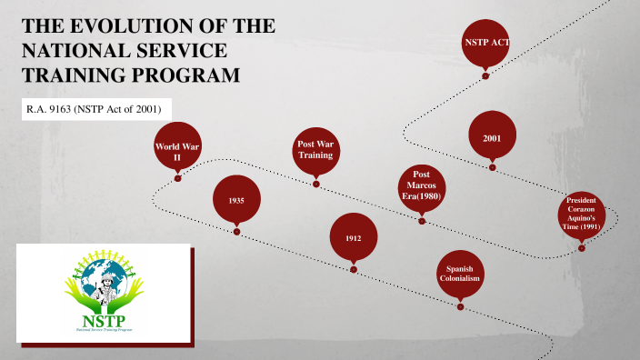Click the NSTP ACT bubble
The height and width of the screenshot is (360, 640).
coord(485,42)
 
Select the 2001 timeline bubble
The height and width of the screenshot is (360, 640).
coord(492,136)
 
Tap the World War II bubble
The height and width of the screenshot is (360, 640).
coord(178,151)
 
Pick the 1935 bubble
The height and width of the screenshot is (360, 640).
coord(236,200)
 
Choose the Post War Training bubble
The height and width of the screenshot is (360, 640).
coord(316,151)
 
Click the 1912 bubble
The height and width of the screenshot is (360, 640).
coord(354,237)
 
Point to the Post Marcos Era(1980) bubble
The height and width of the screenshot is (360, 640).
coord(422,187)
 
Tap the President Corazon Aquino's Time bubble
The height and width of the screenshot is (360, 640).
coord(580,215)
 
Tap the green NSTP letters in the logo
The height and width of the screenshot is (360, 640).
coord(103,321)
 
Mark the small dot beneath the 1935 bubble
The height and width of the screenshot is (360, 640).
coord(236,232)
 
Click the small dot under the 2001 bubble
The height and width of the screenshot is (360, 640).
coord(492,168)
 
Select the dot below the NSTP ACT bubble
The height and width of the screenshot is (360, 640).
coord(485,75)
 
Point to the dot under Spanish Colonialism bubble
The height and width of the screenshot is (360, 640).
coord(460,307)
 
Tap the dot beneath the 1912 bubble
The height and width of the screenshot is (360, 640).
coord(354,269)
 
